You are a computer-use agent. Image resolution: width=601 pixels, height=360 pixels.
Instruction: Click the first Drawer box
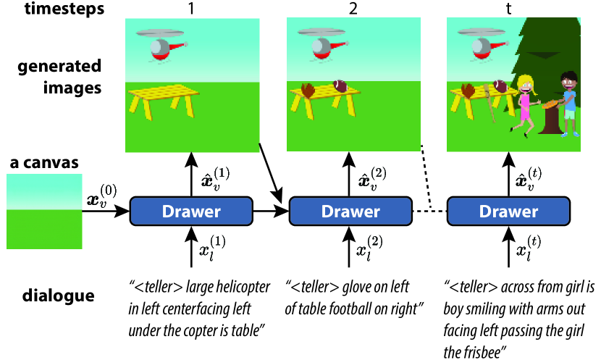pyautogui.click(x=190, y=212)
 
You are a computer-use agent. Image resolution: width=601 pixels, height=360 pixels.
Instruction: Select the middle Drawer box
pyautogui.click(x=350, y=212)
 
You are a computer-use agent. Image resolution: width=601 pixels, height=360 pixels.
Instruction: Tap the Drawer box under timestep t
pyautogui.click(x=510, y=212)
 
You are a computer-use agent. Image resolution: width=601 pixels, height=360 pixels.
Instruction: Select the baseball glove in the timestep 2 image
pyautogui.click(x=308, y=90)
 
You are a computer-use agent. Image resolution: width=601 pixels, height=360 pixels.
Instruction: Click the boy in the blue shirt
pyautogui.click(x=569, y=101)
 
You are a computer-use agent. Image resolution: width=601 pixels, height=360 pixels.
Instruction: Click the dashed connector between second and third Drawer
pyautogui.click(x=429, y=211)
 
